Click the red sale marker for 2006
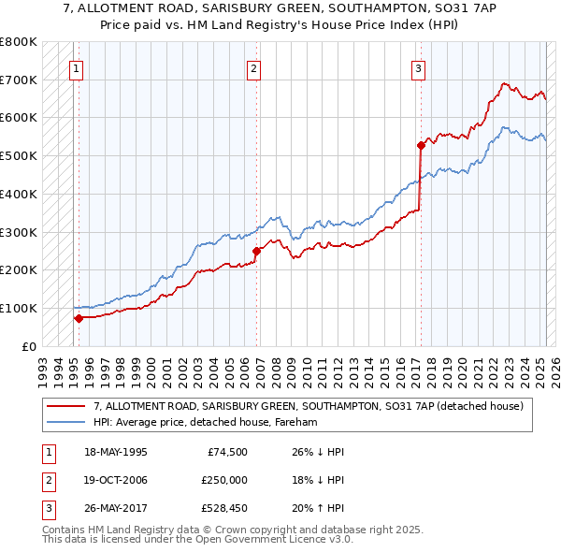point(256,250)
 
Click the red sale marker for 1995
point(79,317)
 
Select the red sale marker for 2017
point(421,144)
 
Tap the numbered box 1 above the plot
point(75,66)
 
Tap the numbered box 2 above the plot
point(253,66)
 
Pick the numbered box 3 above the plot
point(418,66)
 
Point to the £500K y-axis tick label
point(19,155)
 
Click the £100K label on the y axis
point(19,308)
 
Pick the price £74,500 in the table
point(227,452)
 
